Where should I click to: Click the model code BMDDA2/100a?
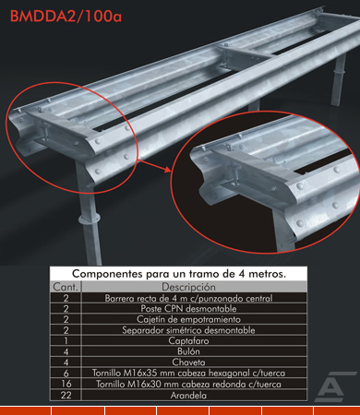coord(66,17)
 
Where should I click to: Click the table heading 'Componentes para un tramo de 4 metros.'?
coord(179,274)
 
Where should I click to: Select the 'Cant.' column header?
coord(66,287)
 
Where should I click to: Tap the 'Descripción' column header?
coord(188,287)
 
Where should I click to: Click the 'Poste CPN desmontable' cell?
coord(188,308)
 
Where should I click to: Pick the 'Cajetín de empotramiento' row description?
coord(188,319)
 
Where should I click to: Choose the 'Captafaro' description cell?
coord(188,340)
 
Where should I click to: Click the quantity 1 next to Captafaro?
coord(66,341)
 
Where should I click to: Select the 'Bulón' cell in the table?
coord(188,351)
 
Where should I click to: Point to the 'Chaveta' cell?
coord(188,362)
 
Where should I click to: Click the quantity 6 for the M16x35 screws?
coord(66,373)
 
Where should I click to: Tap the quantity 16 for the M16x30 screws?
coord(66,384)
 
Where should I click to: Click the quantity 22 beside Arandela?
coord(66,395)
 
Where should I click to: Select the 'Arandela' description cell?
coord(188,395)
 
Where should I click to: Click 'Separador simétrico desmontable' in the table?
coord(188,330)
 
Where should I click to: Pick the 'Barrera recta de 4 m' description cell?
coord(188,298)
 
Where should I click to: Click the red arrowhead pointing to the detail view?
coord(167,170)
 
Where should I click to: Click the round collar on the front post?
coord(90,219)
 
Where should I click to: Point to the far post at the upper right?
coord(339,80)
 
